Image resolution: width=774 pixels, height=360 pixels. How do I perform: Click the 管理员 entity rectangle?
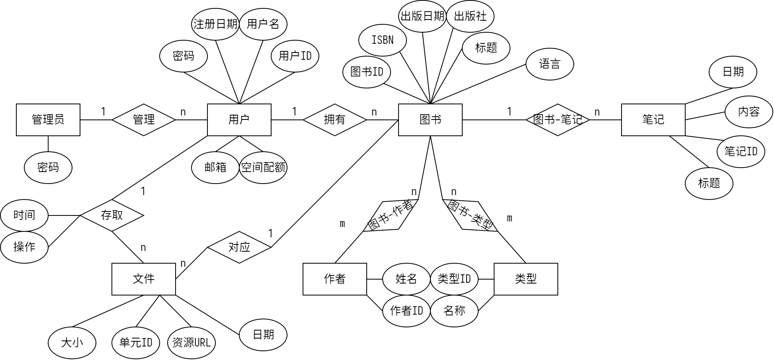[48, 119]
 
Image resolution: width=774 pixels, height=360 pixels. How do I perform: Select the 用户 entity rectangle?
[239, 119]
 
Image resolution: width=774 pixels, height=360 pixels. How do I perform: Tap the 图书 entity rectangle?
[430, 119]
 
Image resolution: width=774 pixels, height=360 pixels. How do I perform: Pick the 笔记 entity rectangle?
[653, 119]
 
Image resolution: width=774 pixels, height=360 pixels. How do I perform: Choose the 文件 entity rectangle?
[143, 279]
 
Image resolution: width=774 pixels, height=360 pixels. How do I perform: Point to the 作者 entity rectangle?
[334, 279]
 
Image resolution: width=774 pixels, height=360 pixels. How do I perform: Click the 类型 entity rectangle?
[526, 279]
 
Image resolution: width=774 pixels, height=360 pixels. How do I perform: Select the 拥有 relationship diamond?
[334, 119]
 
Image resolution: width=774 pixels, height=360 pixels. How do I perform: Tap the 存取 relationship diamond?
[111, 215]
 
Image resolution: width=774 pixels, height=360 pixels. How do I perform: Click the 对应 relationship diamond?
[239, 247]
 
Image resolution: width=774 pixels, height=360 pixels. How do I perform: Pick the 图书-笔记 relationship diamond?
[557, 119]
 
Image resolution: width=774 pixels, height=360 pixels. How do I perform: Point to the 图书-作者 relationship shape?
[390, 215]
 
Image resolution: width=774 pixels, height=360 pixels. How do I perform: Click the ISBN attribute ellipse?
[382, 40]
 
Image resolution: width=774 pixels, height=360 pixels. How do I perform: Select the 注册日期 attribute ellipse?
[215, 24]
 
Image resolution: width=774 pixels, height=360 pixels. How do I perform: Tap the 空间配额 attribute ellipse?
[263, 167]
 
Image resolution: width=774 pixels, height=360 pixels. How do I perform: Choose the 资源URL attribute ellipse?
[191, 342]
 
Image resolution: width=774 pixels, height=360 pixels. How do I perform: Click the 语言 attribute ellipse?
[549, 64]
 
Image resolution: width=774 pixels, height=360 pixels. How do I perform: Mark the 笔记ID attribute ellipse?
[741, 151]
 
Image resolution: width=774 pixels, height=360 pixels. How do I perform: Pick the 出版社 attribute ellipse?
[470, 16]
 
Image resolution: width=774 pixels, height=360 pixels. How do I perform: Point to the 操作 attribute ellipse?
[24, 247]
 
